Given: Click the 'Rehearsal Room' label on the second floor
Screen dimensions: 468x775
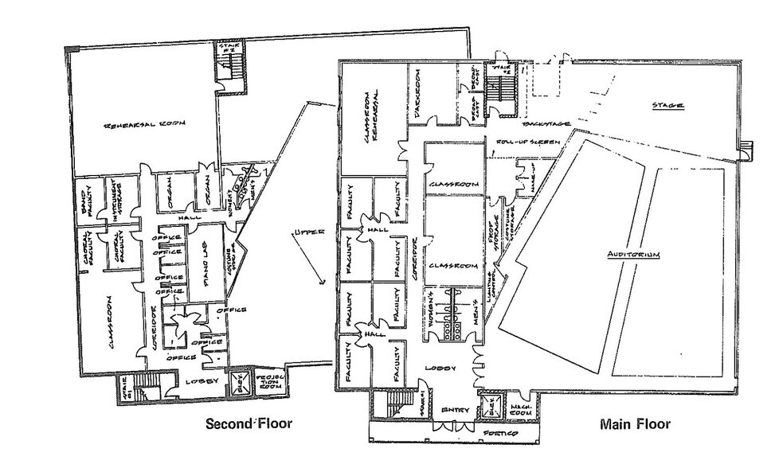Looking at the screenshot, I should (146, 125).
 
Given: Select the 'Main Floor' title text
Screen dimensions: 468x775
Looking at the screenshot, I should (635, 424).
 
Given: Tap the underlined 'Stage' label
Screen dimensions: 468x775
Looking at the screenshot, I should (668, 105).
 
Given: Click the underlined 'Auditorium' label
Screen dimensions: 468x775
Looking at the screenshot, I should (635, 254).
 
